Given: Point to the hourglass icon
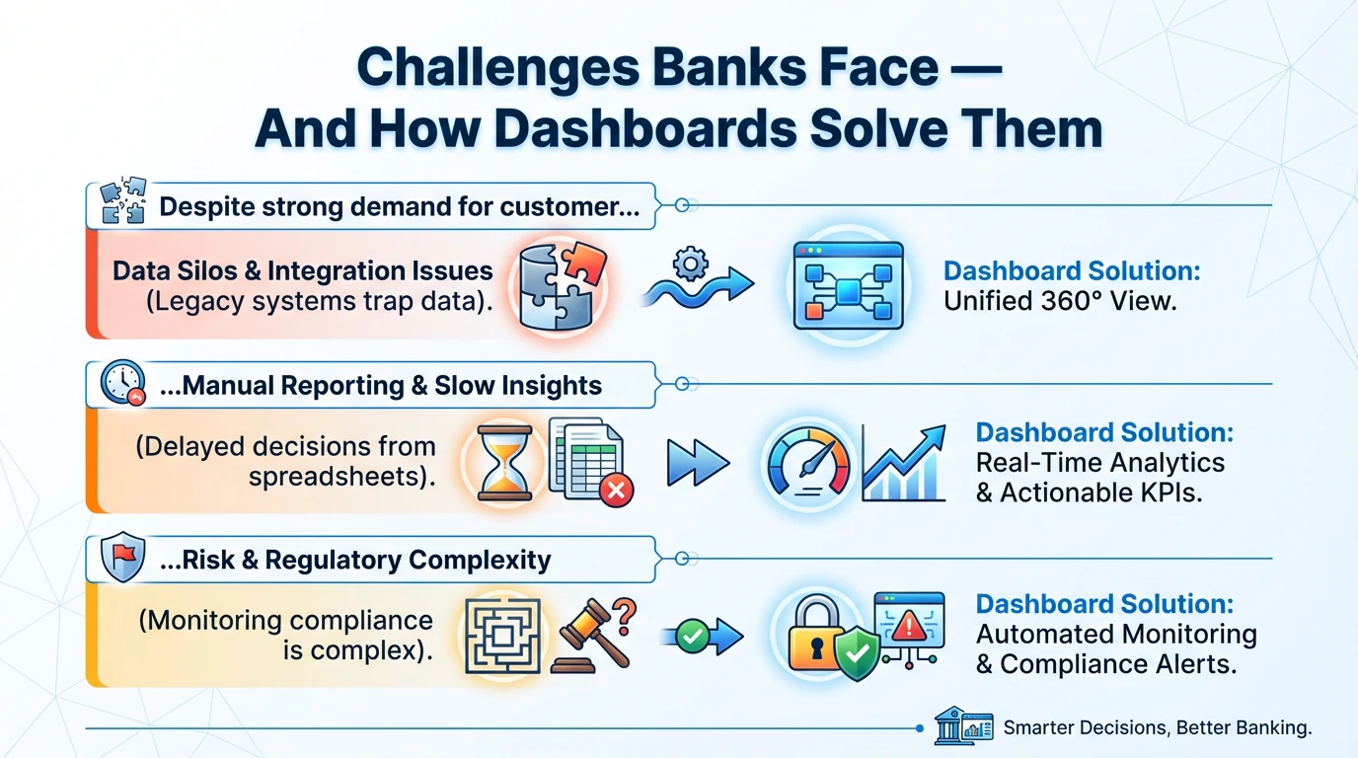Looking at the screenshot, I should (x=504, y=462).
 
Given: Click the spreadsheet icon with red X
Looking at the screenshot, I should (x=587, y=461).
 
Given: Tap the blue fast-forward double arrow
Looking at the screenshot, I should (x=697, y=462).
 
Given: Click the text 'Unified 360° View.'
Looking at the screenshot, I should (x=1060, y=302).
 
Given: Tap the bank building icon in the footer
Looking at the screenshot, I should (x=949, y=728).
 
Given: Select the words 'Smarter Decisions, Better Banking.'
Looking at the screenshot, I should (x=1157, y=728).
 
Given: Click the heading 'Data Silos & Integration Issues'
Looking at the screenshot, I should (x=302, y=270).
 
